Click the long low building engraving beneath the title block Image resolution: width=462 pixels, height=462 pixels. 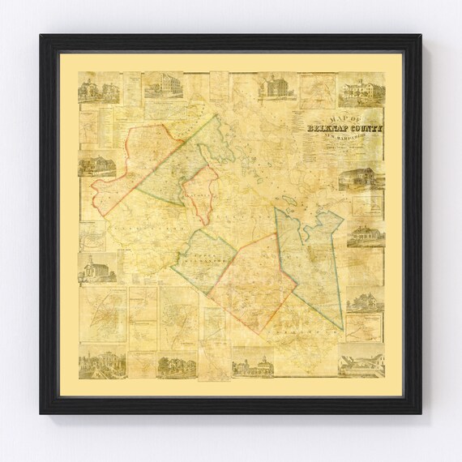pos(357,179)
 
